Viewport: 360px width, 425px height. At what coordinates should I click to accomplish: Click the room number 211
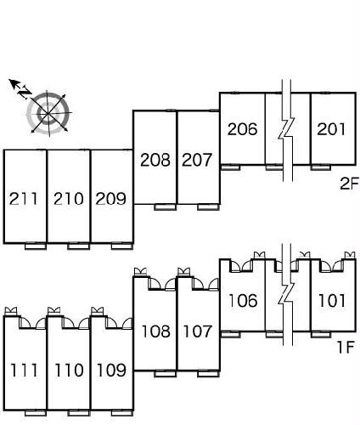click(24, 198)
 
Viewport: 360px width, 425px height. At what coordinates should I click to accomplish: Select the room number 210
click(69, 198)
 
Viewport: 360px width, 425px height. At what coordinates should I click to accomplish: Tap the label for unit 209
click(110, 198)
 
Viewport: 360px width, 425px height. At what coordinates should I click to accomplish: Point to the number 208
click(155, 160)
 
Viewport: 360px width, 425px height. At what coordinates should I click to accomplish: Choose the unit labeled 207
click(197, 160)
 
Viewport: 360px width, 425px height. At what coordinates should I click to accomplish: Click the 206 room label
click(243, 129)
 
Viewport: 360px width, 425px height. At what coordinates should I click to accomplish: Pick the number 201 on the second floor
click(331, 129)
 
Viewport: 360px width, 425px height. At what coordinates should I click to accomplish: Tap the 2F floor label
click(349, 184)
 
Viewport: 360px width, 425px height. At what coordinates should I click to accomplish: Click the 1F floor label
click(346, 347)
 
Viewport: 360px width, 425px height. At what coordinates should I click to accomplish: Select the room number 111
click(24, 370)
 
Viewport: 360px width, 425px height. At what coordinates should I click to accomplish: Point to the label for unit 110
click(69, 370)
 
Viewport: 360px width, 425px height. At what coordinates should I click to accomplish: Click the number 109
click(111, 370)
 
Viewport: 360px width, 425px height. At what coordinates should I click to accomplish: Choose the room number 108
click(156, 331)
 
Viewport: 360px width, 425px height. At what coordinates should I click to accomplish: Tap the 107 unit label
click(198, 331)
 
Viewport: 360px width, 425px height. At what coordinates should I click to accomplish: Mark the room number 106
click(243, 300)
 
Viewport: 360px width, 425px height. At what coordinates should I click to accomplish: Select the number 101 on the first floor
click(332, 300)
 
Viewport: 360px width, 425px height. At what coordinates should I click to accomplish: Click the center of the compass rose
click(48, 113)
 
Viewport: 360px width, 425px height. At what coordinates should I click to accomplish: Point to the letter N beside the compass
click(25, 91)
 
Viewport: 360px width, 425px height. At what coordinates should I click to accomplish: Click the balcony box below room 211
click(36, 246)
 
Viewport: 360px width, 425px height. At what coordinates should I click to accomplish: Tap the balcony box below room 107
click(208, 374)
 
